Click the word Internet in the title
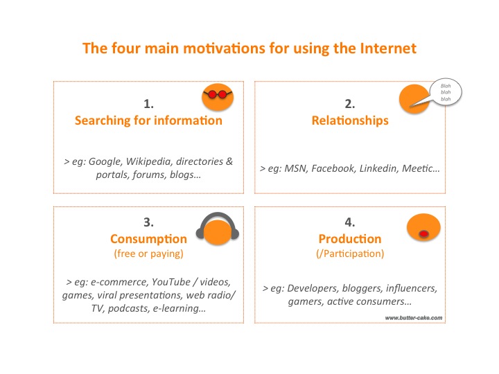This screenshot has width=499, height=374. point(388,48)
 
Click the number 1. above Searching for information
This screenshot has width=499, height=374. point(148,104)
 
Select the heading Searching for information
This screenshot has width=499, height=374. point(148,121)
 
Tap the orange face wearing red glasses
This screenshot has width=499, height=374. point(218,97)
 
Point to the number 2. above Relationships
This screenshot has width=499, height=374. point(350,104)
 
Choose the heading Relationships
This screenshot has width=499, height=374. point(350,121)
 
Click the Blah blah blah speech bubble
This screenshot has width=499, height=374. point(445,92)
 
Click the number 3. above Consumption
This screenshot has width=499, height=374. point(148,222)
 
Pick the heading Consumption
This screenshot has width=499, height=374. point(148,239)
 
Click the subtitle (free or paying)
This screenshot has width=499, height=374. point(148,253)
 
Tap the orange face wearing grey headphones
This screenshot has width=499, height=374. point(218,229)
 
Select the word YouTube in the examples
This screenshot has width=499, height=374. point(171,282)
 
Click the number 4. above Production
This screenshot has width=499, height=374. point(350,222)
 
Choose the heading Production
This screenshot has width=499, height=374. point(350,239)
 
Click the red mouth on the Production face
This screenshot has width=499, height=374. point(423,234)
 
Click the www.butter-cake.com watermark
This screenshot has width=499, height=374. point(413,318)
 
